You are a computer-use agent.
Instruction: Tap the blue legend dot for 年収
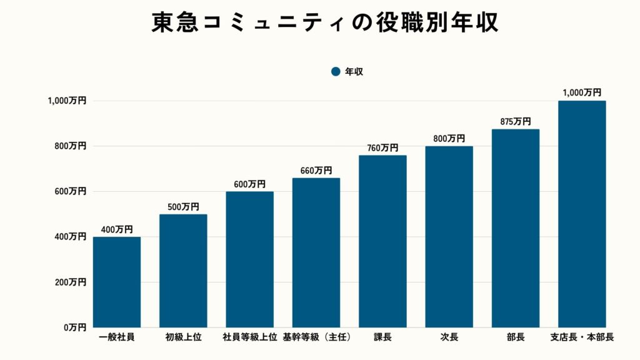pos(336,72)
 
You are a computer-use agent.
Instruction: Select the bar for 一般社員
pos(117,282)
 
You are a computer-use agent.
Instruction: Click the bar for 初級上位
pos(183,271)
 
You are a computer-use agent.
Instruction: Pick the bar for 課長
pos(382,241)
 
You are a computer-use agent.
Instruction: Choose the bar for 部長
pos(515,228)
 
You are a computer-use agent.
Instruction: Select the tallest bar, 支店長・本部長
pos(582,214)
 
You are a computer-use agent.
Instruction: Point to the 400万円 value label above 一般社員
pos(117,229)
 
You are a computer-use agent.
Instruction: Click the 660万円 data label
pos(316,171)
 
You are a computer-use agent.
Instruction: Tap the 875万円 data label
pos(515,122)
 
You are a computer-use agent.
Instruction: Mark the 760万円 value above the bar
pos(382,148)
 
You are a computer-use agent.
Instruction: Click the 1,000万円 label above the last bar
pos(582,92)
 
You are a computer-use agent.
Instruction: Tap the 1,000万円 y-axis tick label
pos(66,101)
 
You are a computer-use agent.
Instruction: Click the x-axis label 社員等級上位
pos(249,337)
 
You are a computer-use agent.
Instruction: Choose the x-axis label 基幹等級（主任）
pos(316,337)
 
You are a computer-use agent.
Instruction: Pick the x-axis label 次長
pos(449,337)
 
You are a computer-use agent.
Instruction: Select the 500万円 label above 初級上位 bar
pos(183,207)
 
